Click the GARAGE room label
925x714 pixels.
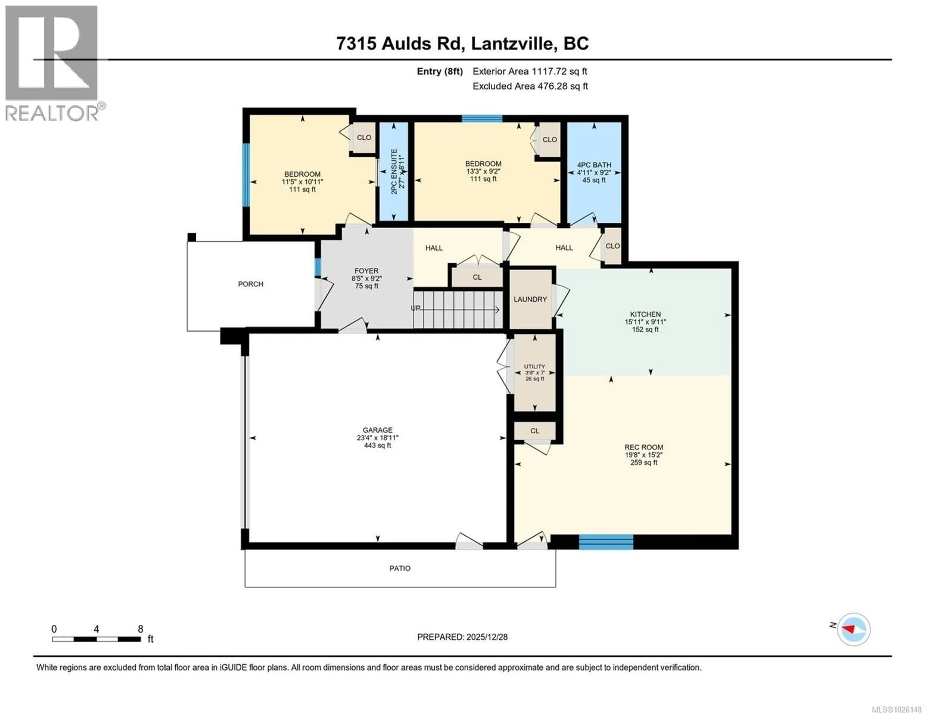click(377, 430)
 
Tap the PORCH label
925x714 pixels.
click(250, 284)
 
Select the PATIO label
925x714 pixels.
click(400, 568)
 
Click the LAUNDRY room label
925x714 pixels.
click(530, 299)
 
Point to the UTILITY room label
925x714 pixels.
click(535, 367)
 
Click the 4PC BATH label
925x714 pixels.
click(594, 165)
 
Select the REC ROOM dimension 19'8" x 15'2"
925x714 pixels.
click(643, 455)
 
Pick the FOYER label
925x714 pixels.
click(366, 271)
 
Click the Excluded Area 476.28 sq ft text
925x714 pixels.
click(530, 86)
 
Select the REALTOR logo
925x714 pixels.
click(52, 64)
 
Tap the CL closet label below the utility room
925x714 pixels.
click(535, 431)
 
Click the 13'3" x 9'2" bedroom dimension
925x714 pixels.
click(483, 171)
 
